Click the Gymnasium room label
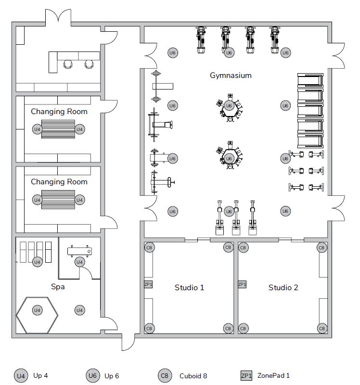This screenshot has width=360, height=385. [x=231, y=76]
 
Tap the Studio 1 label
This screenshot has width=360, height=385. [x=189, y=287]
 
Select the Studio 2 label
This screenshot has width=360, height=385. [x=283, y=287]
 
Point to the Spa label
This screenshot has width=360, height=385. [x=58, y=287]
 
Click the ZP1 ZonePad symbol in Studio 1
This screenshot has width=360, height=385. [x=148, y=284]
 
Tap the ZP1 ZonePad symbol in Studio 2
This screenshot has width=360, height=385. [x=242, y=284]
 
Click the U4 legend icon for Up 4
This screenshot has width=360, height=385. [x=21, y=376]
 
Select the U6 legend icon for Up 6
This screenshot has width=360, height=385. [x=92, y=376]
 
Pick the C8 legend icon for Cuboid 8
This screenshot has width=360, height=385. [x=165, y=376]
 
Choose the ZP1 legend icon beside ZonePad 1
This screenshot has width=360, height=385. [x=246, y=375]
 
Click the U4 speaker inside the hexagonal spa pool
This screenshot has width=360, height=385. [x=38, y=310]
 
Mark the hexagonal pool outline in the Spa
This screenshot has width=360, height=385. [x=16, y=315]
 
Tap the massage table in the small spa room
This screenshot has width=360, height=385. [x=79, y=251]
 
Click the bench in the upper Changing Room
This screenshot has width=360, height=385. [x=58, y=129]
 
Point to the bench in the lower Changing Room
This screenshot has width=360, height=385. [x=58, y=200]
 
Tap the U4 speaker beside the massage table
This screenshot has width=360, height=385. [x=79, y=262]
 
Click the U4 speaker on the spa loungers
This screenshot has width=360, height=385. [x=38, y=262]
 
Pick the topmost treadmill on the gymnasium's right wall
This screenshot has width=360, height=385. [x=310, y=80]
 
